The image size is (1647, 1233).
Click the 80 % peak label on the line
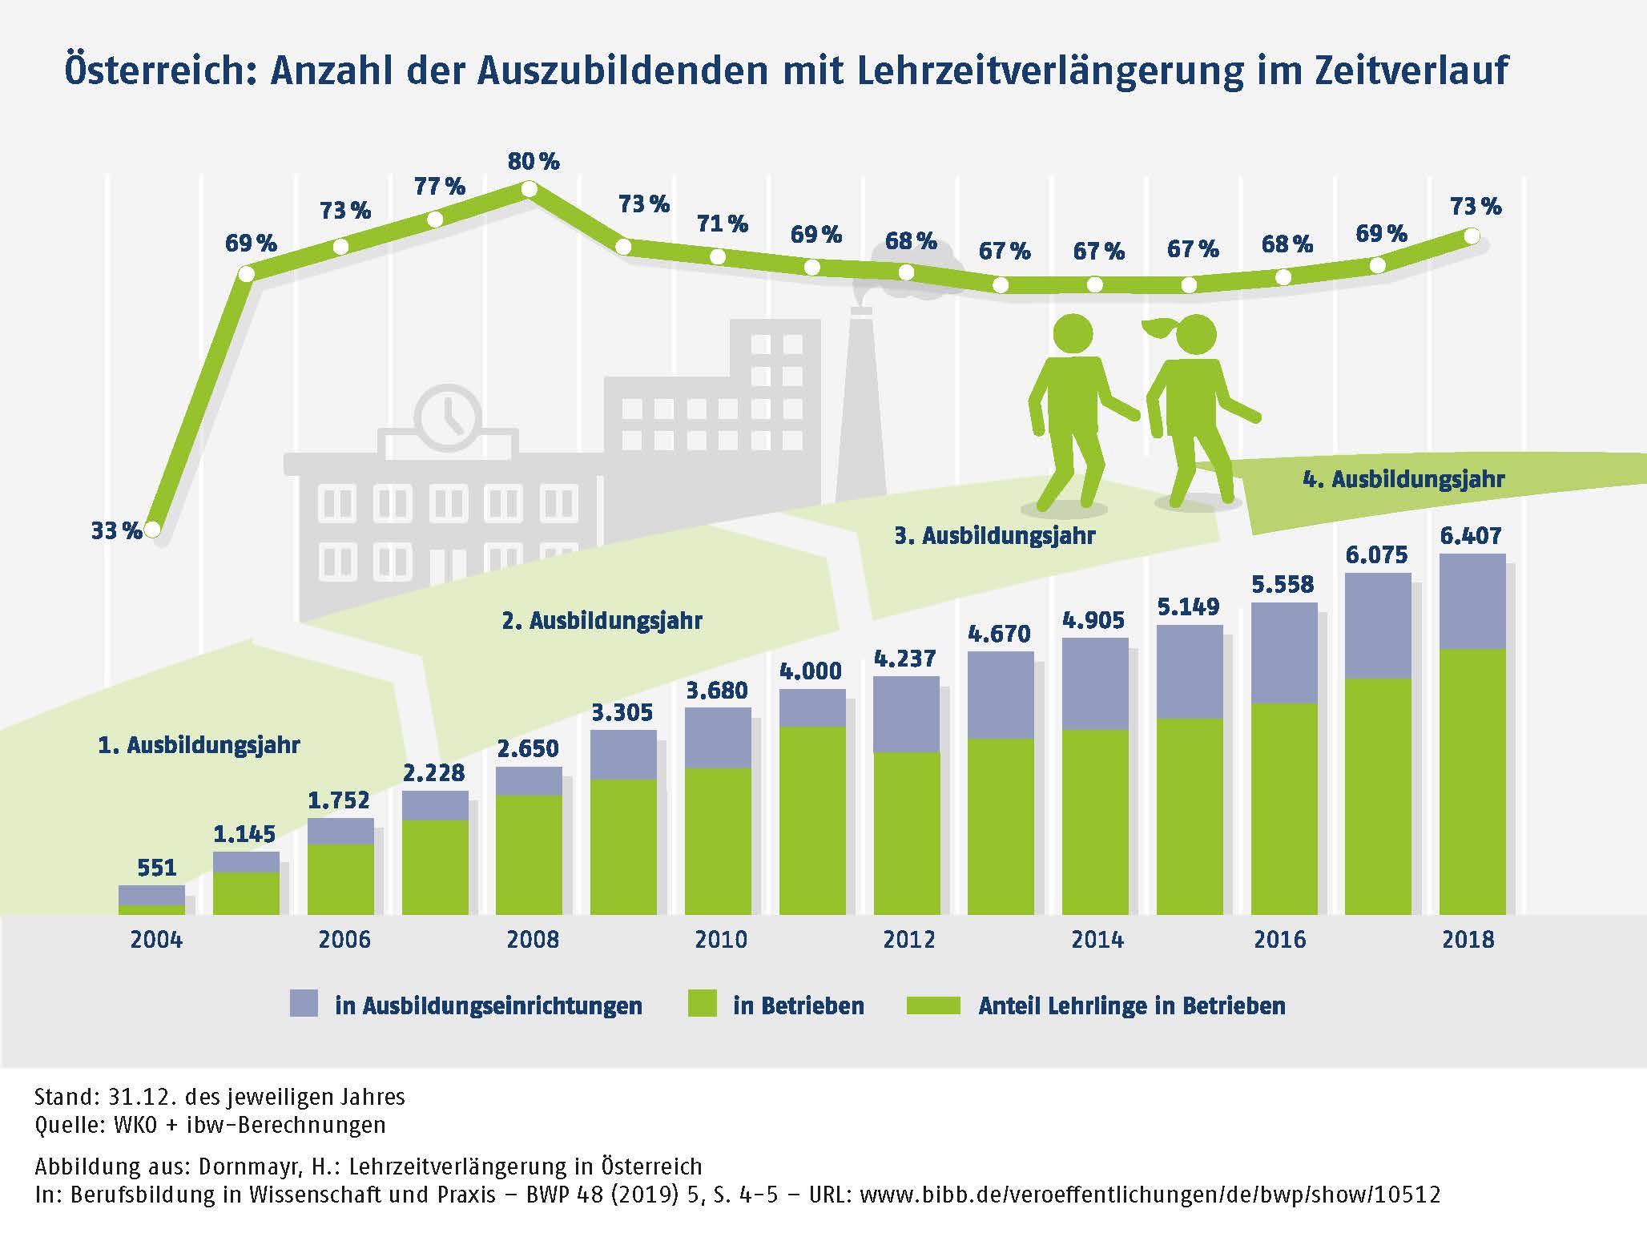[534, 162]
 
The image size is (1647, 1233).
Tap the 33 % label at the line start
[116, 530]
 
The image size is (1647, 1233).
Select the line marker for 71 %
[718, 256]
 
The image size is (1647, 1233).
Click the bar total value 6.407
[1471, 535]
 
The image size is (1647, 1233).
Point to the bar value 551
[156, 868]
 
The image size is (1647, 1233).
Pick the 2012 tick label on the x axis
[909, 939]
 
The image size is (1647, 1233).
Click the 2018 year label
[1468, 939]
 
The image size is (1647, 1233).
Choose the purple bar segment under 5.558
[1284, 652]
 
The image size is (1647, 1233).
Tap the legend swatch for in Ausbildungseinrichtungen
[304, 1004]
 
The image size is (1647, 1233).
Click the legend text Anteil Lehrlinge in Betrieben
[1131, 1005]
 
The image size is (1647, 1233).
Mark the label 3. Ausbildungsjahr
[994, 535]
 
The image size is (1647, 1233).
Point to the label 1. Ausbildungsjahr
[199, 745]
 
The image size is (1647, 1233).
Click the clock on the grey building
[448, 417]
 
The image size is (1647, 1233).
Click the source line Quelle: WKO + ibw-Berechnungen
[210, 1125]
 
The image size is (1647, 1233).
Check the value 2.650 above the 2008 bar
[528, 748]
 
